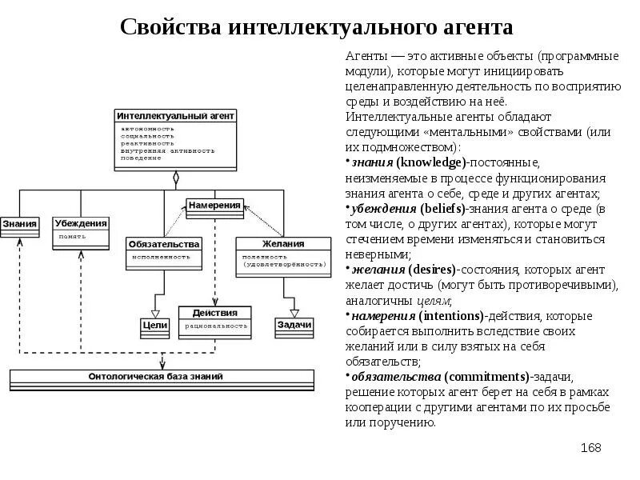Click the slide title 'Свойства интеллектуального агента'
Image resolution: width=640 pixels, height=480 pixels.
point(316,28)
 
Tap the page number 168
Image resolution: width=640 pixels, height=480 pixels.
point(590,447)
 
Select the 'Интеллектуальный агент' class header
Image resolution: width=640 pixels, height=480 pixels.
point(175,115)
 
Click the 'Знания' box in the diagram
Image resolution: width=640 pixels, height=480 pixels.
point(19,223)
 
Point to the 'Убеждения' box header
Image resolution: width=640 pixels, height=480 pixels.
point(81,223)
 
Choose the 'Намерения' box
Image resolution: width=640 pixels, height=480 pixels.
point(214,206)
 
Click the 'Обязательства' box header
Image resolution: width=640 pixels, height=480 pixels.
point(163,243)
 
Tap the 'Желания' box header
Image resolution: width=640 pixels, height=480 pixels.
point(283,243)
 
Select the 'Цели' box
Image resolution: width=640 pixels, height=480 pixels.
point(154,325)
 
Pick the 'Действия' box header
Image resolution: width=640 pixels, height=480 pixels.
point(214,312)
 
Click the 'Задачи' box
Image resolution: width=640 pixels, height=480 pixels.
point(294,325)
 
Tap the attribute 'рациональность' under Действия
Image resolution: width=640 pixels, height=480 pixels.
point(214,326)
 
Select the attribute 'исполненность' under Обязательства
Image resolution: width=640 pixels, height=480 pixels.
point(162,257)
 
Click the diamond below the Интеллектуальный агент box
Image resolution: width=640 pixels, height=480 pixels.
point(175,178)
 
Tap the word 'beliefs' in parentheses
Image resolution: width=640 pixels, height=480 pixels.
point(436,208)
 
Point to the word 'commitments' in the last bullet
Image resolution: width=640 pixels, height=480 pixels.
point(487,377)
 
